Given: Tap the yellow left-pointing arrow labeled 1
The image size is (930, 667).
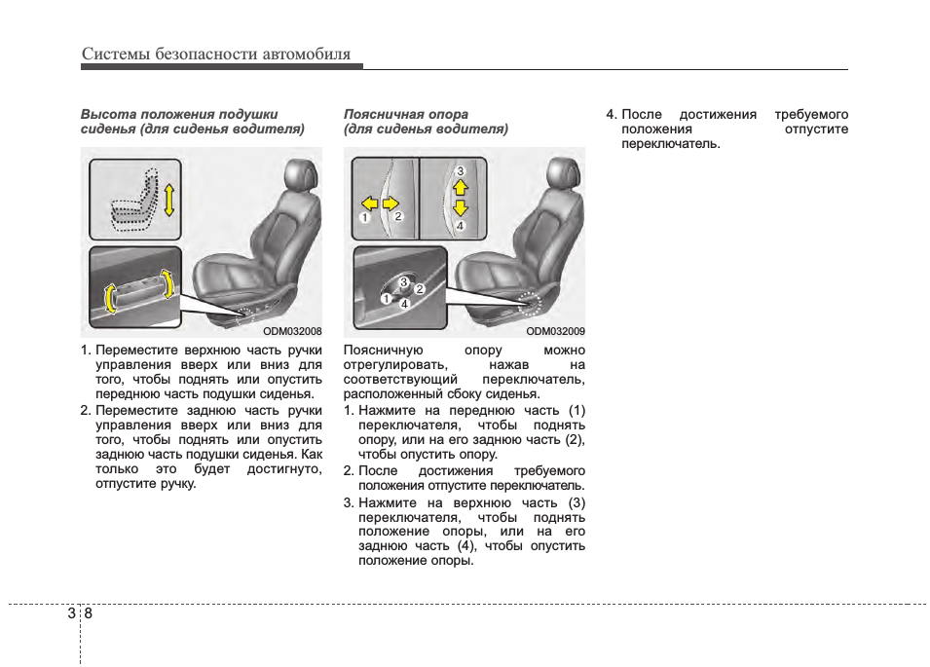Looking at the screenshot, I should [368, 204].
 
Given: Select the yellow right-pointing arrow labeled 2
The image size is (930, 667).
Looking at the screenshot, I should [391, 204].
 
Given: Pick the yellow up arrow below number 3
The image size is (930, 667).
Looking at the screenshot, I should [461, 187].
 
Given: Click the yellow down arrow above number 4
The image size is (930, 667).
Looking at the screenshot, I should [461, 208].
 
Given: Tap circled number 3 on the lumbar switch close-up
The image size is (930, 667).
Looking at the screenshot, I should [404, 282].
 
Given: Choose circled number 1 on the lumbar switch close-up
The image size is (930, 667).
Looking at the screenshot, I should [387, 299].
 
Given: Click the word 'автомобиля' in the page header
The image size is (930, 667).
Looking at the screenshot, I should [306, 55].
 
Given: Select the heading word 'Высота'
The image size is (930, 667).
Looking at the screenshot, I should [106, 114].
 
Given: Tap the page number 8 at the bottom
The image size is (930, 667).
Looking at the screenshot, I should [89, 613].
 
